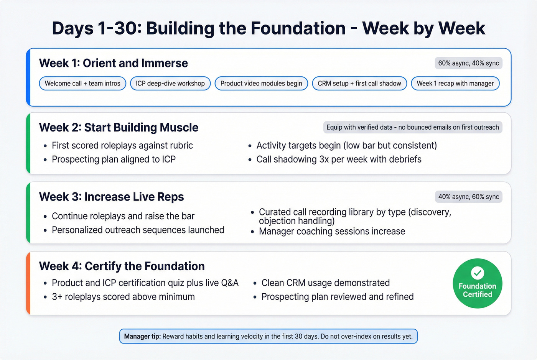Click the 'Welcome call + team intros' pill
click(82, 84)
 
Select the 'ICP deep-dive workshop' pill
click(170, 84)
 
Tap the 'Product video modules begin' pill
click(261, 84)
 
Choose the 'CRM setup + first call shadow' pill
click(359, 84)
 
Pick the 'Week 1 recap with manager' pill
click(455, 84)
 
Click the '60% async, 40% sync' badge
click(468, 63)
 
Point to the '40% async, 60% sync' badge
click(468, 197)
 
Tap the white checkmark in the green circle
click(478, 273)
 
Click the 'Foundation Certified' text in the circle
click(478, 290)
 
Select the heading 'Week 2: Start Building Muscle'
click(119, 128)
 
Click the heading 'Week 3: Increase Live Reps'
click(111, 197)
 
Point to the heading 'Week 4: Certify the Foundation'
click(122, 266)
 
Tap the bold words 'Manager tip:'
click(142, 337)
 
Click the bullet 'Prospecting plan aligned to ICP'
click(114, 159)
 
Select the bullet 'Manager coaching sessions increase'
click(332, 232)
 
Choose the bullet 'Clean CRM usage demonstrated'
click(325, 283)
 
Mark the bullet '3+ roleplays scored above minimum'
click(123, 297)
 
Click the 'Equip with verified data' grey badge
click(413, 127)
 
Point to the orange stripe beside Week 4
click(28, 283)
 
